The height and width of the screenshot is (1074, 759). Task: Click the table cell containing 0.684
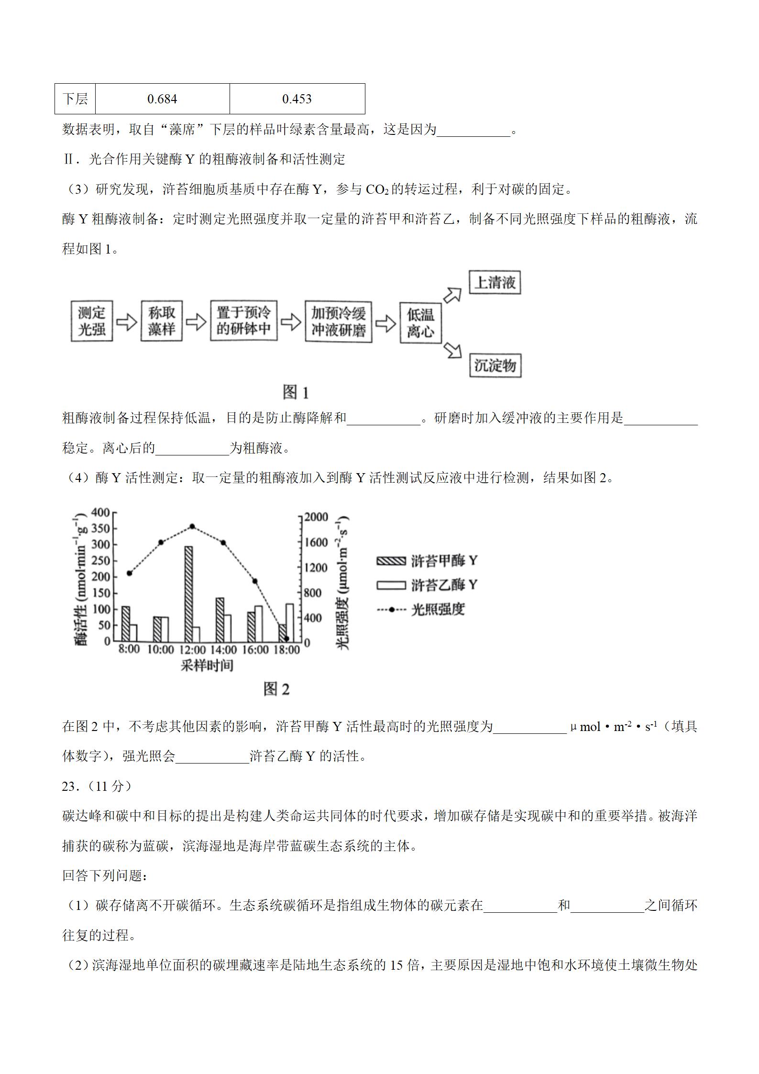coord(162,99)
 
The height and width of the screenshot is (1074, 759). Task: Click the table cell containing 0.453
coord(297,99)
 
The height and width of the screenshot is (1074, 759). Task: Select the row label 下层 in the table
coord(75,99)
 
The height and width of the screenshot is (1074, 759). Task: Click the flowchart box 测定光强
coord(92,321)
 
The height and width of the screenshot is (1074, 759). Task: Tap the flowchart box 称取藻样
coord(162,321)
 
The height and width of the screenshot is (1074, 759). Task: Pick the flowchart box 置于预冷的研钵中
coord(244,321)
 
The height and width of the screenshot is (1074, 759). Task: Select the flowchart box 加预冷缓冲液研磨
coord(339,321)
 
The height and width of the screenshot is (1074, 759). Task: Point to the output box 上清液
coord(495,283)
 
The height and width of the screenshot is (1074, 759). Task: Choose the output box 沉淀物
coord(495,365)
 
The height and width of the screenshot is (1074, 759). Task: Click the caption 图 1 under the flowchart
coord(296,392)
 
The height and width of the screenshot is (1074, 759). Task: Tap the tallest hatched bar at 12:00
coord(188,593)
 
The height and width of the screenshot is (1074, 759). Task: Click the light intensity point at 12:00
coord(192,526)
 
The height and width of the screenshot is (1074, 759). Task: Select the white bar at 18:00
coord(290,622)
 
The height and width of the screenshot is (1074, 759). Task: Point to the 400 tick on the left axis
coord(101,513)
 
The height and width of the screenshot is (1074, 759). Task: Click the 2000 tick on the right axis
coord(317,517)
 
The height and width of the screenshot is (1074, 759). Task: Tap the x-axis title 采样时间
coord(207,665)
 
